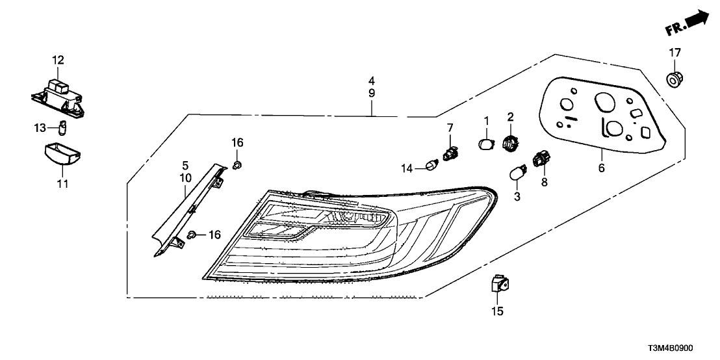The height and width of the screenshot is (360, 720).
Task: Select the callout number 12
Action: coord(58,60)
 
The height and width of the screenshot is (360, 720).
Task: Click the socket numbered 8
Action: coord(539,159)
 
